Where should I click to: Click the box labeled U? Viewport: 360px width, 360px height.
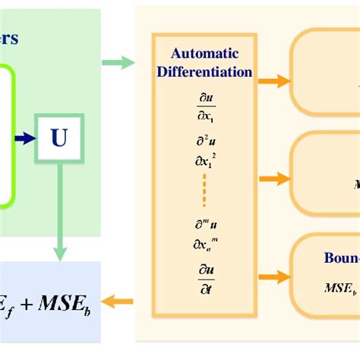point(58,138)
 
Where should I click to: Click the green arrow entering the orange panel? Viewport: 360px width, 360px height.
point(117,62)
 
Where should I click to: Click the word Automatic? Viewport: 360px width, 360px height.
point(205,53)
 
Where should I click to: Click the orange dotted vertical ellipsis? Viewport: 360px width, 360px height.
point(205,190)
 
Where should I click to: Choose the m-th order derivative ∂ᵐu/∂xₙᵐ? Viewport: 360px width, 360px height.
point(205,232)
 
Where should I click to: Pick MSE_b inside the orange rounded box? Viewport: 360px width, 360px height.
point(340,288)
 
